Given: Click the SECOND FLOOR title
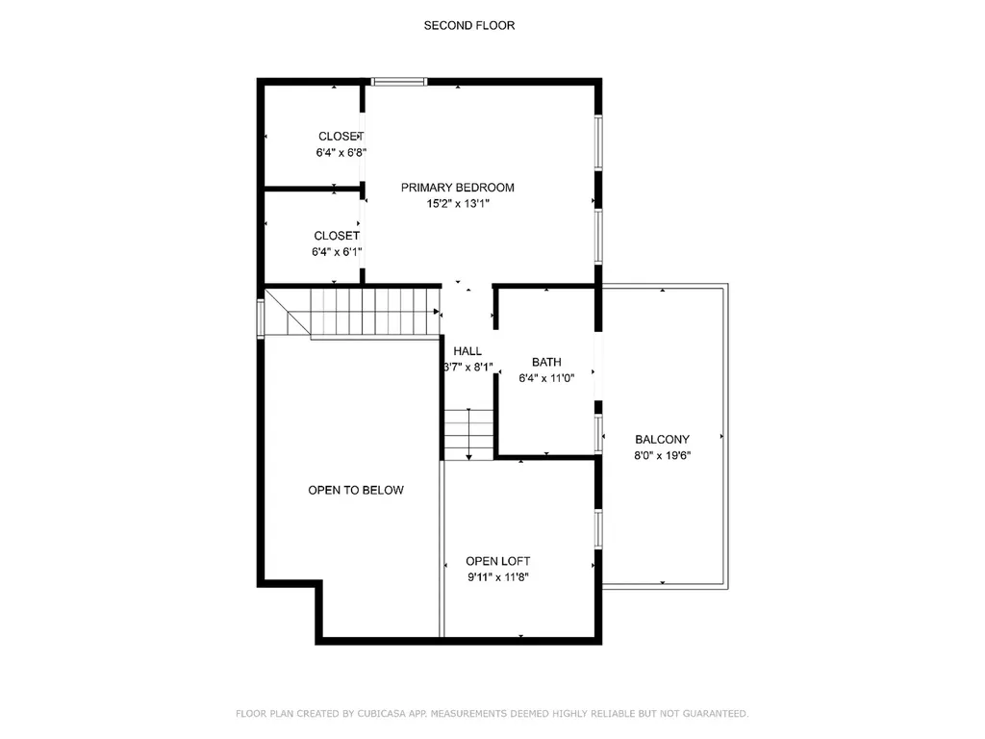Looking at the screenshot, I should pyautogui.click(x=468, y=25).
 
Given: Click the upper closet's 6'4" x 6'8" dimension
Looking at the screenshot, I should pyautogui.click(x=341, y=152).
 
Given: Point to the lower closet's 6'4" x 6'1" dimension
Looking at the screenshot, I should pyautogui.click(x=336, y=252).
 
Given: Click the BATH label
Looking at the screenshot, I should pyautogui.click(x=546, y=362).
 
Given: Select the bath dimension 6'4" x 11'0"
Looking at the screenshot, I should pyautogui.click(x=546, y=378).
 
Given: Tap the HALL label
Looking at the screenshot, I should pyautogui.click(x=467, y=351).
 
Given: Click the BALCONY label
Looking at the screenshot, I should pyautogui.click(x=662, y=439).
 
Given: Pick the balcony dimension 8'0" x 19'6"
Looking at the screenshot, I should pyautogui.click(x=662, y=455).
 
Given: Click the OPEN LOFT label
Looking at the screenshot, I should pyautogui.click(x=497, y=561).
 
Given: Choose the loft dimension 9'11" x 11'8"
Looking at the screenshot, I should pyautogui.click(x=498, y=577).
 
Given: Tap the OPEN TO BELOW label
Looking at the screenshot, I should pyautogui.click(x=356, y=490).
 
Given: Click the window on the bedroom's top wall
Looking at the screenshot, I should pyautogui.click(x=399, y=82).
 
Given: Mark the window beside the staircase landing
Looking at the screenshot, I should pyautogui.click(x=260, y=318).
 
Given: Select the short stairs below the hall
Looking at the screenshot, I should pyautogui.click(x=468, y=434).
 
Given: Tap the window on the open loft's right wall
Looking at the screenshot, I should pyautogui.click(x=598, y=528).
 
